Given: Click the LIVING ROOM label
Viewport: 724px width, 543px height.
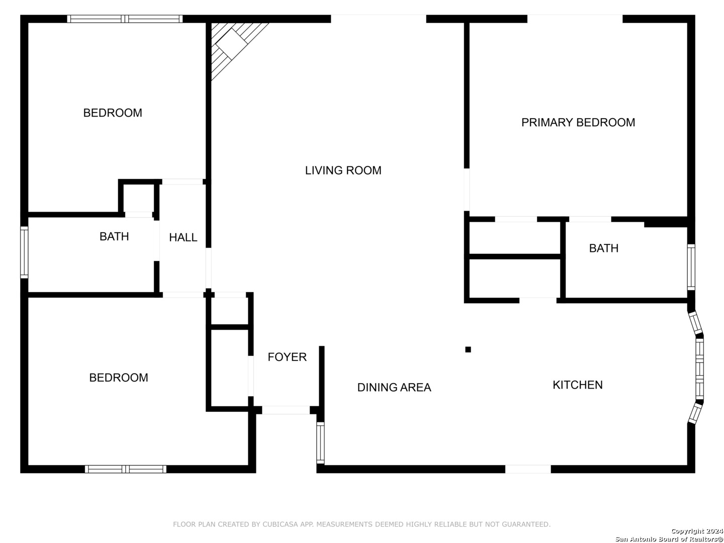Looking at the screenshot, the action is click(343, 170).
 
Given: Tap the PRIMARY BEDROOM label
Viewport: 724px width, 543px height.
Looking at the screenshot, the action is click(578, 123).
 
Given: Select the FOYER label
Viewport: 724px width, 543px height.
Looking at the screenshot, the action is click(287, 357).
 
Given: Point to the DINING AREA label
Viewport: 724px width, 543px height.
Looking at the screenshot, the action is click(394, 387).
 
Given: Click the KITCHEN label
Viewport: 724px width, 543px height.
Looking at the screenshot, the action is click(578, 385).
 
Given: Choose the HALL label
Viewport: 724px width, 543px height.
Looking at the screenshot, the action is click(183, 237).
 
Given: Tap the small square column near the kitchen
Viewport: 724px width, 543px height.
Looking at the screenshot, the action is click(468, 349).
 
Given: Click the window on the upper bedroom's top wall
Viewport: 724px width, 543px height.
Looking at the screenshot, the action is click(125, 19).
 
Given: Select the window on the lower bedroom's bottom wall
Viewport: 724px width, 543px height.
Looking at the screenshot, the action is click(126, 469).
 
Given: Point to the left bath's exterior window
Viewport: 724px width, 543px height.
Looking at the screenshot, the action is click(24, 252).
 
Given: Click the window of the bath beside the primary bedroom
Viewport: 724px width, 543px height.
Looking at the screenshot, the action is click(691, 267).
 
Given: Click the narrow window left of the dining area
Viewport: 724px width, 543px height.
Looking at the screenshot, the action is click(320, 443).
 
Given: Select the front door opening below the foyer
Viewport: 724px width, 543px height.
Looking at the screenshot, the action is click(286, 410).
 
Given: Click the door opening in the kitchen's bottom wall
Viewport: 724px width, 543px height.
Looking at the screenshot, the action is click(528, 469).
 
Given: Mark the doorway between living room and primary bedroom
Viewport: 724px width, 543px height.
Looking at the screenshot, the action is click(467, 190).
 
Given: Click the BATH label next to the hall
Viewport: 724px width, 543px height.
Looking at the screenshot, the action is click(114, 236).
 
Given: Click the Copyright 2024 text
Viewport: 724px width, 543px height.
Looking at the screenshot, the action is click(697, 531).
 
